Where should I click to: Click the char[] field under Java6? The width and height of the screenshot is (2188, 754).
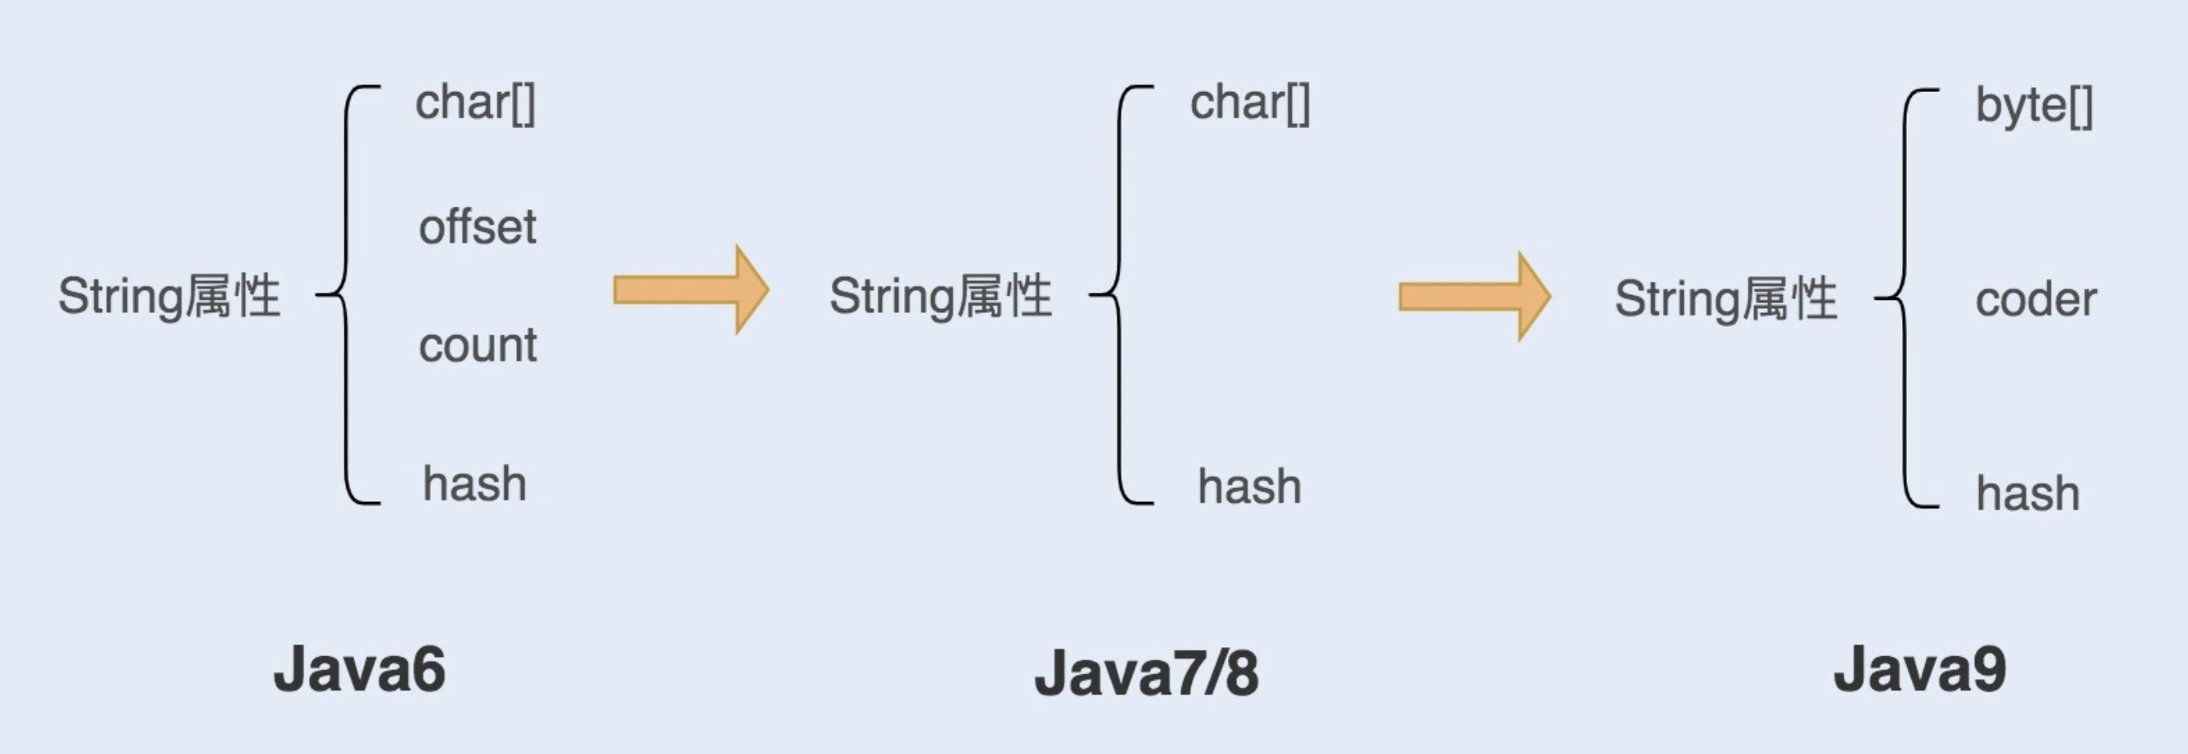(x=475, y=104)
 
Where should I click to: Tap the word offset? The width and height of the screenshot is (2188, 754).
(x=478, y=228)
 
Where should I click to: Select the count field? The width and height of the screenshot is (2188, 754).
(x=478, y=346)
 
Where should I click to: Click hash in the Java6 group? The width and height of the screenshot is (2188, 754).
(x=474, y=485)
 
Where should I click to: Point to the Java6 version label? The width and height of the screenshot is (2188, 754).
(x=359, y=670)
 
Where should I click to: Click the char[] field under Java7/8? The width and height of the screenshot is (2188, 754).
(x=1249, y=104)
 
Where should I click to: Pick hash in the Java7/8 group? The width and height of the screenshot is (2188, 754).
(x=1249, y=487)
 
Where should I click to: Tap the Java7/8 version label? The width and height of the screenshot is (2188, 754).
(x=1146, y=674)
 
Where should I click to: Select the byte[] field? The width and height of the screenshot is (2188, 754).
(x=2033, y=107)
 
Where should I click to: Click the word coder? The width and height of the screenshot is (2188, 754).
(x=2035, y=301)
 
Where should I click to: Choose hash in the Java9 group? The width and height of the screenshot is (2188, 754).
(x=2028, y=494)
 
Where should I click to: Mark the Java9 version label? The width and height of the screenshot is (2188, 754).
(x=1919, y=670)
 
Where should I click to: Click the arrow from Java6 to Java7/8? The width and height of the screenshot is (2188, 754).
(x=690, y=291)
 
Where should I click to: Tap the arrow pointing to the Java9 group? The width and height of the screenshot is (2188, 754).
(x=1474, y=297)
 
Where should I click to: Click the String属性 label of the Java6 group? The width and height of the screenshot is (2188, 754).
(x=169, y=297)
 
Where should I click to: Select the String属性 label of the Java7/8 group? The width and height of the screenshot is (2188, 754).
(x=940, y=297)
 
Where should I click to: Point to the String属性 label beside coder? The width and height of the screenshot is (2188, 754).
(x=1725, y=299)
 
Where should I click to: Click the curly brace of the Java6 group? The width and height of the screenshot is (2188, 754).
(x=347, y=295)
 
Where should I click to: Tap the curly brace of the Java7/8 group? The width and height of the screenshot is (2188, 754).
(x=1119, y=295)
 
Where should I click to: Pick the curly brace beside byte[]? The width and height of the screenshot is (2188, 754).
(x=1904, y=297)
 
